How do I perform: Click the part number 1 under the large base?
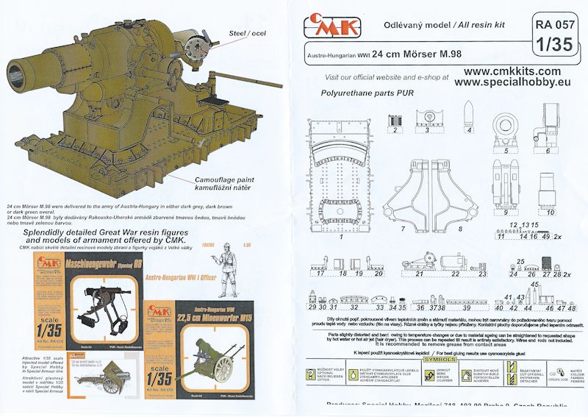click(342, 238)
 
